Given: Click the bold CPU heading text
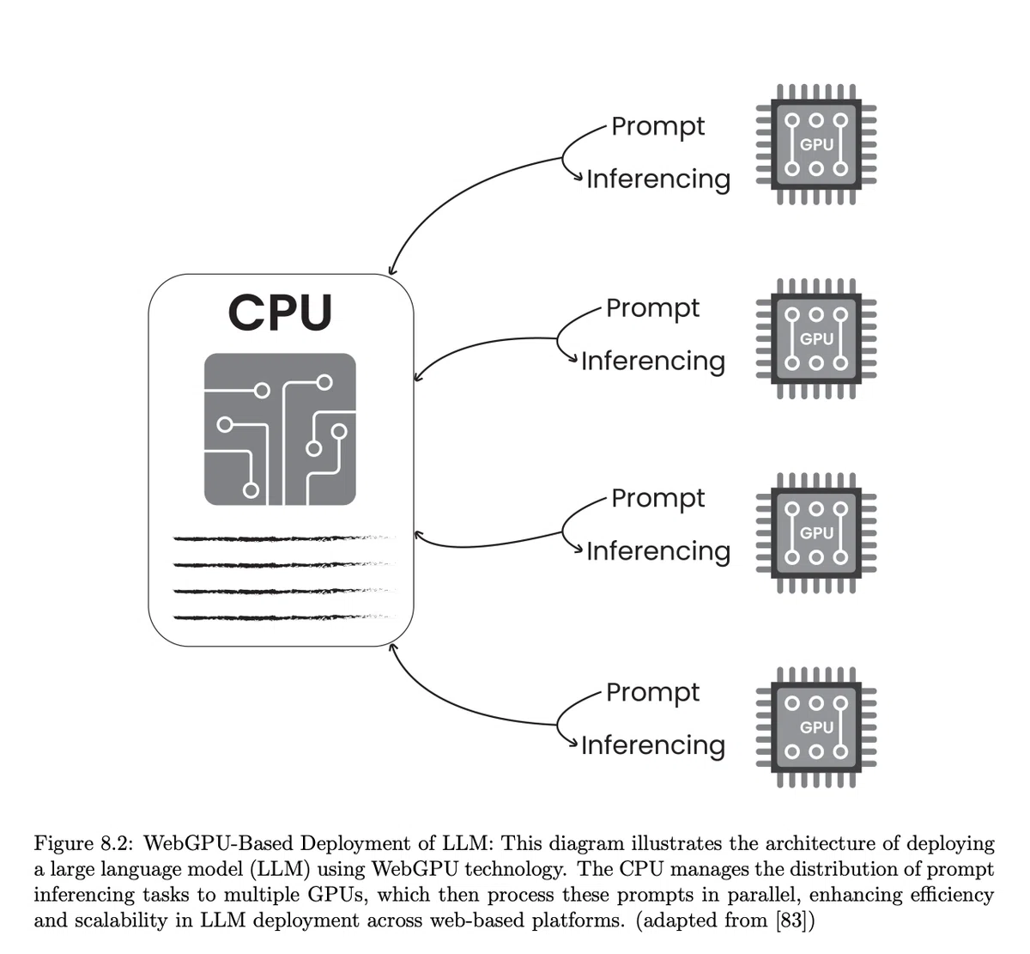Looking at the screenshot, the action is click(x=280, y=312).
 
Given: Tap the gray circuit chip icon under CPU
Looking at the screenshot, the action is click(x=280, y=428).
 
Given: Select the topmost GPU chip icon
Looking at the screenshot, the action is click(x=815, y=144).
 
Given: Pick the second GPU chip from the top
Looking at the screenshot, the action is click(x=815, y=338).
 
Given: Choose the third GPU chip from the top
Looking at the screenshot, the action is click(x=815, y=532).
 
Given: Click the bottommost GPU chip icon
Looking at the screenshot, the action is click(x=815, y=727).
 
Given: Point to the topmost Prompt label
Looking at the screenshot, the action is click(x=657, y=127).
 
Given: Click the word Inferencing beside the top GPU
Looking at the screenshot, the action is click(x=658, y=180).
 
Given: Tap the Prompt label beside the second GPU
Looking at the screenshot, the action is click(x=652, y=309).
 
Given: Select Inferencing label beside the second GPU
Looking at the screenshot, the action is click(x=653, y=362).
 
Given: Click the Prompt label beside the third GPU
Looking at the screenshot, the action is click(x=657, y=499).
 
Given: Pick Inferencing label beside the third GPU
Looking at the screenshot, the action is click(x=658, y=552).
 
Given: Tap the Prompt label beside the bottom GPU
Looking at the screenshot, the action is click(x=652, y=693).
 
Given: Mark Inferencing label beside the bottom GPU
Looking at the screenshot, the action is click(x=653, y=746).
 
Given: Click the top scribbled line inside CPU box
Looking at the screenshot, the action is click(x=284, y=538).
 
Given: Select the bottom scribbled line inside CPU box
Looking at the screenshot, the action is click(x=284, y=617).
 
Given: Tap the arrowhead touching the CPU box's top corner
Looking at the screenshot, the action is click(x=392, y=270).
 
